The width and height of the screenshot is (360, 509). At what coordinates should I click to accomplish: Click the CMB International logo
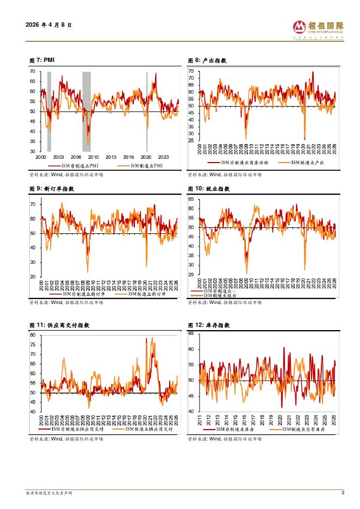(318, 28)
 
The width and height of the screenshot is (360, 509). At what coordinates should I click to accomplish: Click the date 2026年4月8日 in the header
(48, 25)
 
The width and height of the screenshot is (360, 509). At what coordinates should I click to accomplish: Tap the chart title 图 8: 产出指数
(207, 60)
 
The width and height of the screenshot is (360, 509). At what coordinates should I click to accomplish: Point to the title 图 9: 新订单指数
(52, 189)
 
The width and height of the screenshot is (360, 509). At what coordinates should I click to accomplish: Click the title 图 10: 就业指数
(209, 189)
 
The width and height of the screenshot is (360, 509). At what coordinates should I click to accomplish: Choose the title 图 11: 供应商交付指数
(59, 325)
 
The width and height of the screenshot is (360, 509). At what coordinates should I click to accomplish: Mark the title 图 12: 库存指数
(209, 325)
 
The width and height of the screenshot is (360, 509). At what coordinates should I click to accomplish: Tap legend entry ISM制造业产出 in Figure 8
(307, 162)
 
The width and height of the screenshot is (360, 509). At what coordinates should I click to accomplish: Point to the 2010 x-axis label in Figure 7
(93, 157)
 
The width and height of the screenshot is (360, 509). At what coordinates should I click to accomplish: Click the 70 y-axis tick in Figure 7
(33, 71)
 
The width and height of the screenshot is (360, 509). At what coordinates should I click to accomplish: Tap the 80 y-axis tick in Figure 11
(33, 335)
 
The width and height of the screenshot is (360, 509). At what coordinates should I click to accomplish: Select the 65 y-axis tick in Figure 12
(191, 333)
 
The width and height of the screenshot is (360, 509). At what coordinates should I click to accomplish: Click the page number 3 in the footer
(343, 493)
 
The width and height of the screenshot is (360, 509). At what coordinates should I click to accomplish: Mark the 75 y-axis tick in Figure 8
(191, 71)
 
